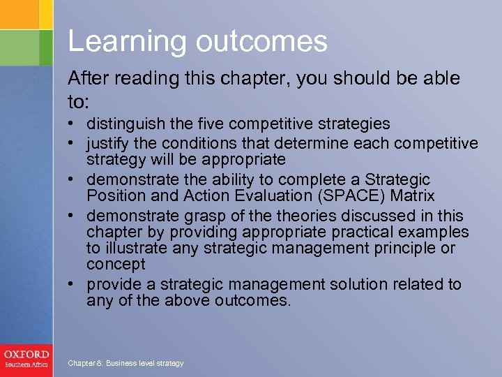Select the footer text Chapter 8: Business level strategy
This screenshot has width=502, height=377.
point(125,363)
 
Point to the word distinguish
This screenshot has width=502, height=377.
point(126,124)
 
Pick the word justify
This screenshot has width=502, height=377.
point(105,144)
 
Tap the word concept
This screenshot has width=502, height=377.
point(116,264)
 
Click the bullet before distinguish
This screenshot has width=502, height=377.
point(73,124)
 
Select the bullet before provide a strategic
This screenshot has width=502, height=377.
point(73,284)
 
